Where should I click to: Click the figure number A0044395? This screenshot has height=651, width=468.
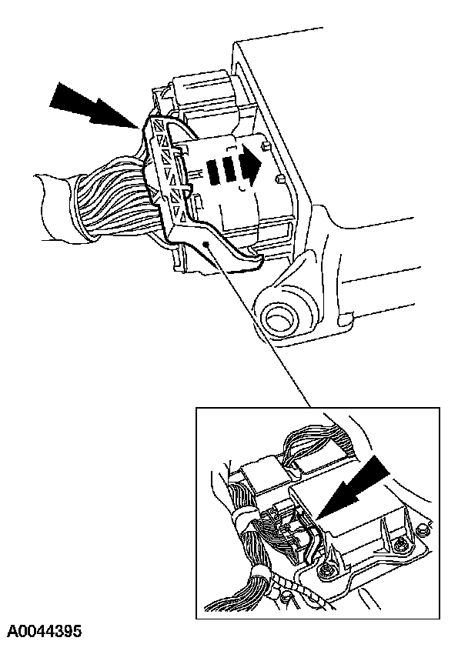coord(44,632)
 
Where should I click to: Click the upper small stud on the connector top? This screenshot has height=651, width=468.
coord(266,145)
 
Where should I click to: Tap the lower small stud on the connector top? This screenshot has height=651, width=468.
coord(279,179)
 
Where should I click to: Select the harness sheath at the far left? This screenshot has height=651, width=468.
coord(58,208)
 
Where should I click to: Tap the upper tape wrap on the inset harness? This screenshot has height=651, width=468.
coord(242,520)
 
